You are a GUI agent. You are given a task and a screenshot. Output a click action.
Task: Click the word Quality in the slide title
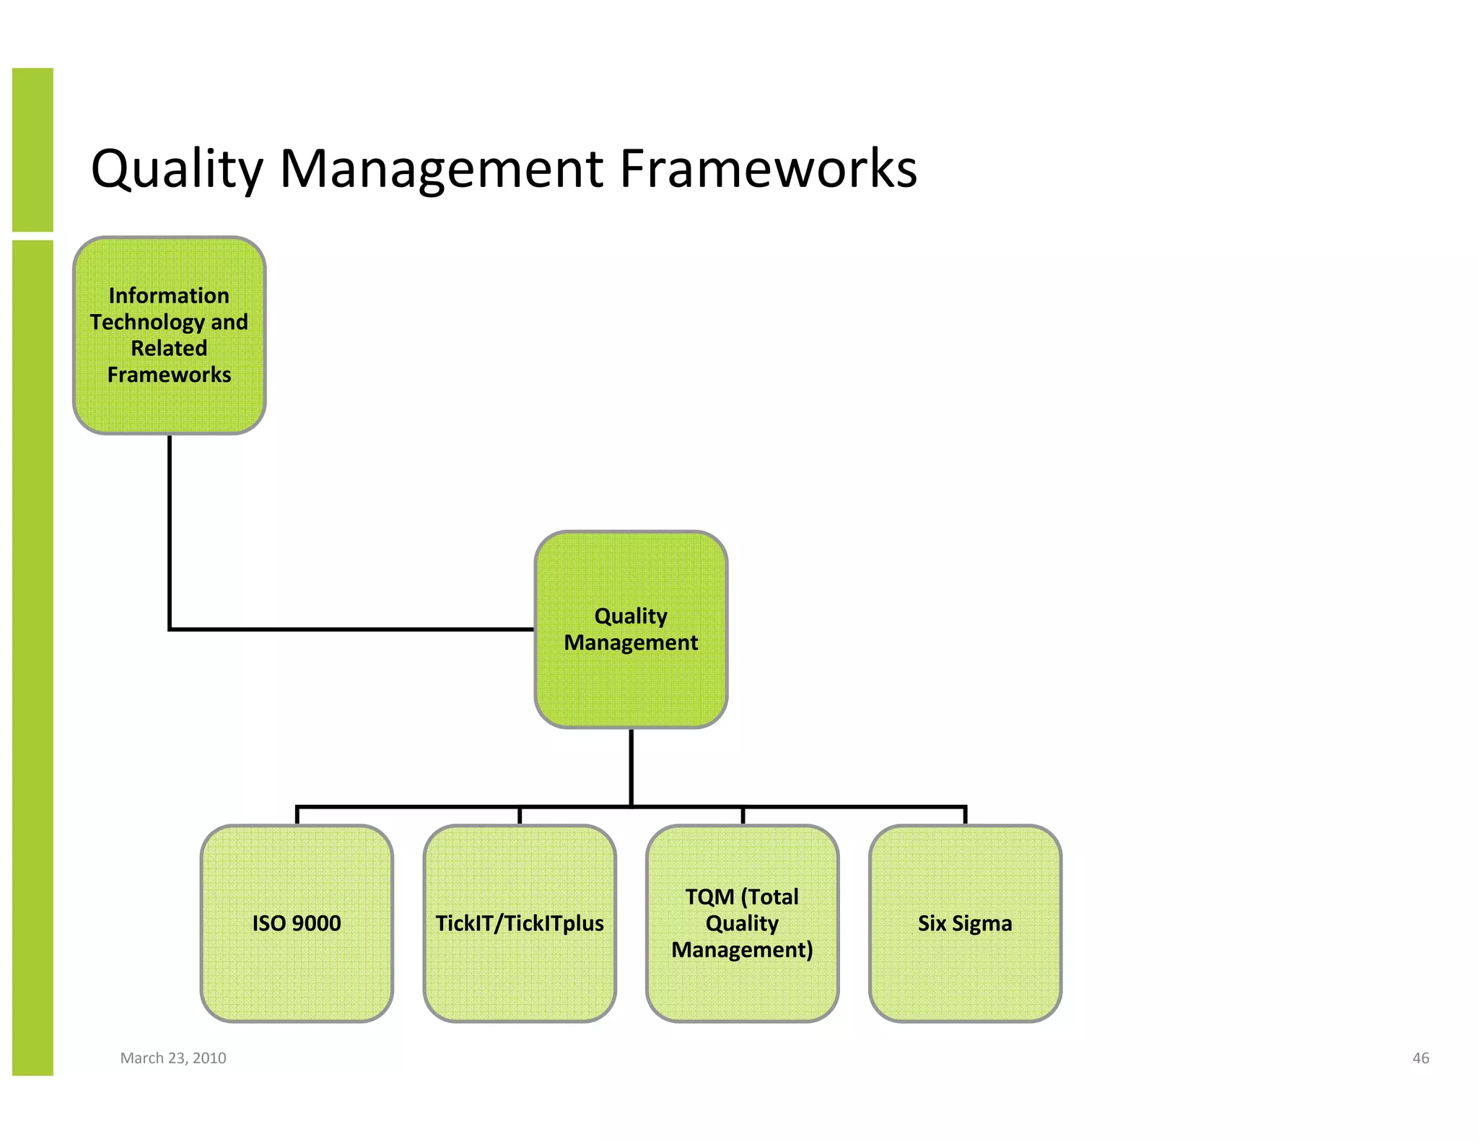[x=177, y=170]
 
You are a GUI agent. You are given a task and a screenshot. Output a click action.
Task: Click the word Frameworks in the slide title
[x=768, y=168]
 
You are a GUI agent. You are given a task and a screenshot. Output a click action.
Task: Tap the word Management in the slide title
[x=441, y=170]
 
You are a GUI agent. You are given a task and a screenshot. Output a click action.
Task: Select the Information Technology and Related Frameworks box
[x=170, y=335]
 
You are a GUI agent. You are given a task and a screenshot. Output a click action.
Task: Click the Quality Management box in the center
[x=631, y=629]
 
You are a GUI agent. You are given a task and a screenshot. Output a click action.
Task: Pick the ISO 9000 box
[x=297, y=923]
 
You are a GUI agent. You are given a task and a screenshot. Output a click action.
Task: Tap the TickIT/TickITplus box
[x=520, y=923]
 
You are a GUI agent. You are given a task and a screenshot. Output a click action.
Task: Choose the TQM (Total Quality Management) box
[x=742, y=923]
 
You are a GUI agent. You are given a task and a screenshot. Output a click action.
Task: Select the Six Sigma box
[x=965, y=923]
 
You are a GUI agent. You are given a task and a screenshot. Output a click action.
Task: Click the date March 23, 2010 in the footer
[x=173, y=1058]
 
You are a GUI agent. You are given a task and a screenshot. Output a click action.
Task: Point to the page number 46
[x=1420, y=1058]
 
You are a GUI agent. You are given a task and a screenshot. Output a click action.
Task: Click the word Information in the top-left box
[x=169, y=295]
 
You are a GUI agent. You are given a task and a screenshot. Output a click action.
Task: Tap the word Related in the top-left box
[x=169, y=348]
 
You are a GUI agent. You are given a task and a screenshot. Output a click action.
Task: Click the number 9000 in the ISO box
[x=316, y=923]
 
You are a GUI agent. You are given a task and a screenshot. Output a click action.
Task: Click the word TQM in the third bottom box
[x=709, y=897]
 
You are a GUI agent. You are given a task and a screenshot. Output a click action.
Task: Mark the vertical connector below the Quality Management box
[x=631, y=767]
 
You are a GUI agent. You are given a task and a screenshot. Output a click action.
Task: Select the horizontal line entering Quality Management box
[x=354, y=629]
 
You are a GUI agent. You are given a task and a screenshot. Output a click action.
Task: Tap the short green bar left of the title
[x=32, y=149]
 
